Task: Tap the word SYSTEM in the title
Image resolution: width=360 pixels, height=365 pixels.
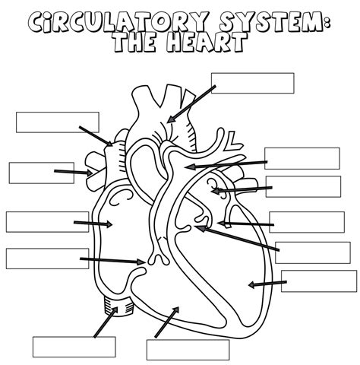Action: pos(271,22)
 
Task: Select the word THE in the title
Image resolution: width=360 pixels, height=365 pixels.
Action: pos(134,43)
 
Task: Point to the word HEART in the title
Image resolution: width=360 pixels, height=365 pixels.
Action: pos(207,43)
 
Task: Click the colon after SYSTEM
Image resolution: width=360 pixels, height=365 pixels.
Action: pos(327,22)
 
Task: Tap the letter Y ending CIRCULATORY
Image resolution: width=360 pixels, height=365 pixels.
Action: pos(198,21)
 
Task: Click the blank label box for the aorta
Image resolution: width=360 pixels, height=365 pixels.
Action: pos(253,83)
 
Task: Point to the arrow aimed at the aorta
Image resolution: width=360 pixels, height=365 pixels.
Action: pos(191,104)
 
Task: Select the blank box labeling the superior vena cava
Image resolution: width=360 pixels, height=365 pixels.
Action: pos(58,122)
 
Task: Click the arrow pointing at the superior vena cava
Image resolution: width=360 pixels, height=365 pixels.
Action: pos(96,136)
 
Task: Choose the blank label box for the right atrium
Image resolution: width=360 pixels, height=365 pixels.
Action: pos(47,222)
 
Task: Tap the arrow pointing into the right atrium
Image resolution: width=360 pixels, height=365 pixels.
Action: pos(93,224)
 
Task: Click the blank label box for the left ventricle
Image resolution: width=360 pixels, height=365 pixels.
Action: pos(319,281)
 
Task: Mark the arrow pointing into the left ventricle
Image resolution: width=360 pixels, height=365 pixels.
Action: pos(267,284)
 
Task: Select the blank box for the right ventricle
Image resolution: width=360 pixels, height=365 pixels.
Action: pos(188,350)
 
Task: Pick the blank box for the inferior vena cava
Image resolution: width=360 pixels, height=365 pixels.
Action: pos(74,347)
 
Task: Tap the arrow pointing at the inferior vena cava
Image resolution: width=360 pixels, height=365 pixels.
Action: pos(106,322)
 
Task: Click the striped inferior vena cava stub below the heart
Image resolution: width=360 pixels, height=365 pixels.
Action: pos(118,306)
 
